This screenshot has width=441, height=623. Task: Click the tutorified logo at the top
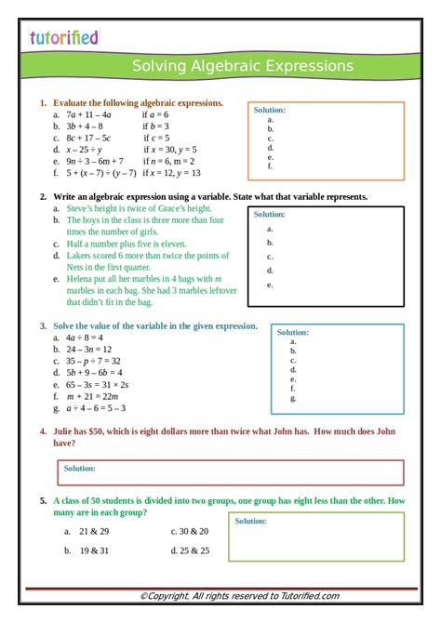pos(63,37)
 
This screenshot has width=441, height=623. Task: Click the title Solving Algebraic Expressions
pos(242,66)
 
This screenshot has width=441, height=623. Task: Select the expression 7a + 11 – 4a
pos(88,114)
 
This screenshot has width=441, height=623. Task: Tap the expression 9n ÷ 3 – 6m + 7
pos(94,161)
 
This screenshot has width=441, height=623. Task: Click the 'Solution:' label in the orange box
pos(270,110)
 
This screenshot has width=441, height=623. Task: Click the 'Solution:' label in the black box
pos(270,214)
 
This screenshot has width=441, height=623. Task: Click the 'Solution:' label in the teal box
pos(293,332)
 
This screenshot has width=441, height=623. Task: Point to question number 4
pos(44,431)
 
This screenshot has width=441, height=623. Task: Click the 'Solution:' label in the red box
pos(80,469)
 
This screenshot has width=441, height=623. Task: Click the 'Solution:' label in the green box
pos(250,521)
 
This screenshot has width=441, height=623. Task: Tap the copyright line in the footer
pos(239,596)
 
